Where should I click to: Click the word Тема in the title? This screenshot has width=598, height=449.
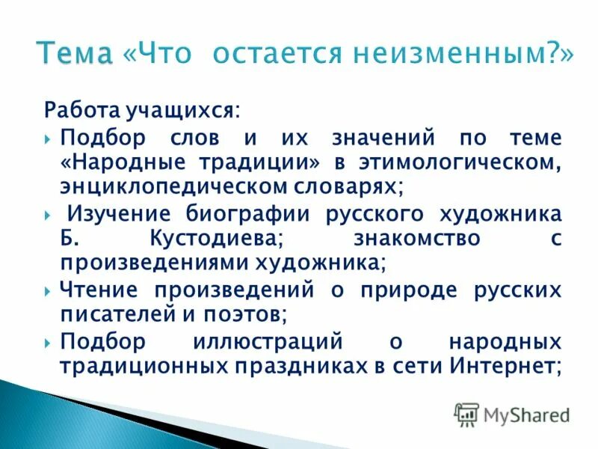[75, 54]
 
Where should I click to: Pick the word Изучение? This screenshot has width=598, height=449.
[118, 215]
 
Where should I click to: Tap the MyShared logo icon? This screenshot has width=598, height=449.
[466, 414]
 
